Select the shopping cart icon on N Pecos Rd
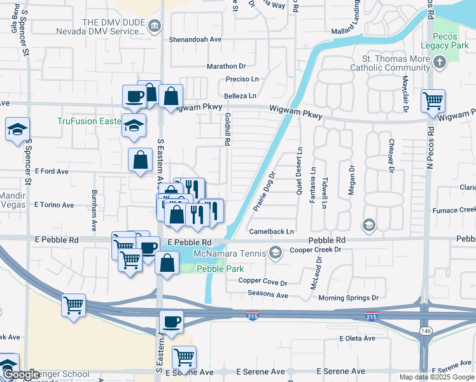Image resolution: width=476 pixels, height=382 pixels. tap(433, 100)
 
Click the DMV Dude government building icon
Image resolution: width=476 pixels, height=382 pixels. tap(155, 25)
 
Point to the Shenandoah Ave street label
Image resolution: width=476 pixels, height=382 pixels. tap(195, 39)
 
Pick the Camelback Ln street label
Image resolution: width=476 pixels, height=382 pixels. tap(272, 232)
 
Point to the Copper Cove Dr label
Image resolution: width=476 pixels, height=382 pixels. tap(263, 281)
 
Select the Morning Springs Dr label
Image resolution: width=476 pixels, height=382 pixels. tap(348, 298)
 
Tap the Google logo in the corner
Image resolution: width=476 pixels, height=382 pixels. tap(21, 374)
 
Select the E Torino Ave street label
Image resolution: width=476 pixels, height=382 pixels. tap(54, 206)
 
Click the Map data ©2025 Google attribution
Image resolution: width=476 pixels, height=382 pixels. tap(437, 377)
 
